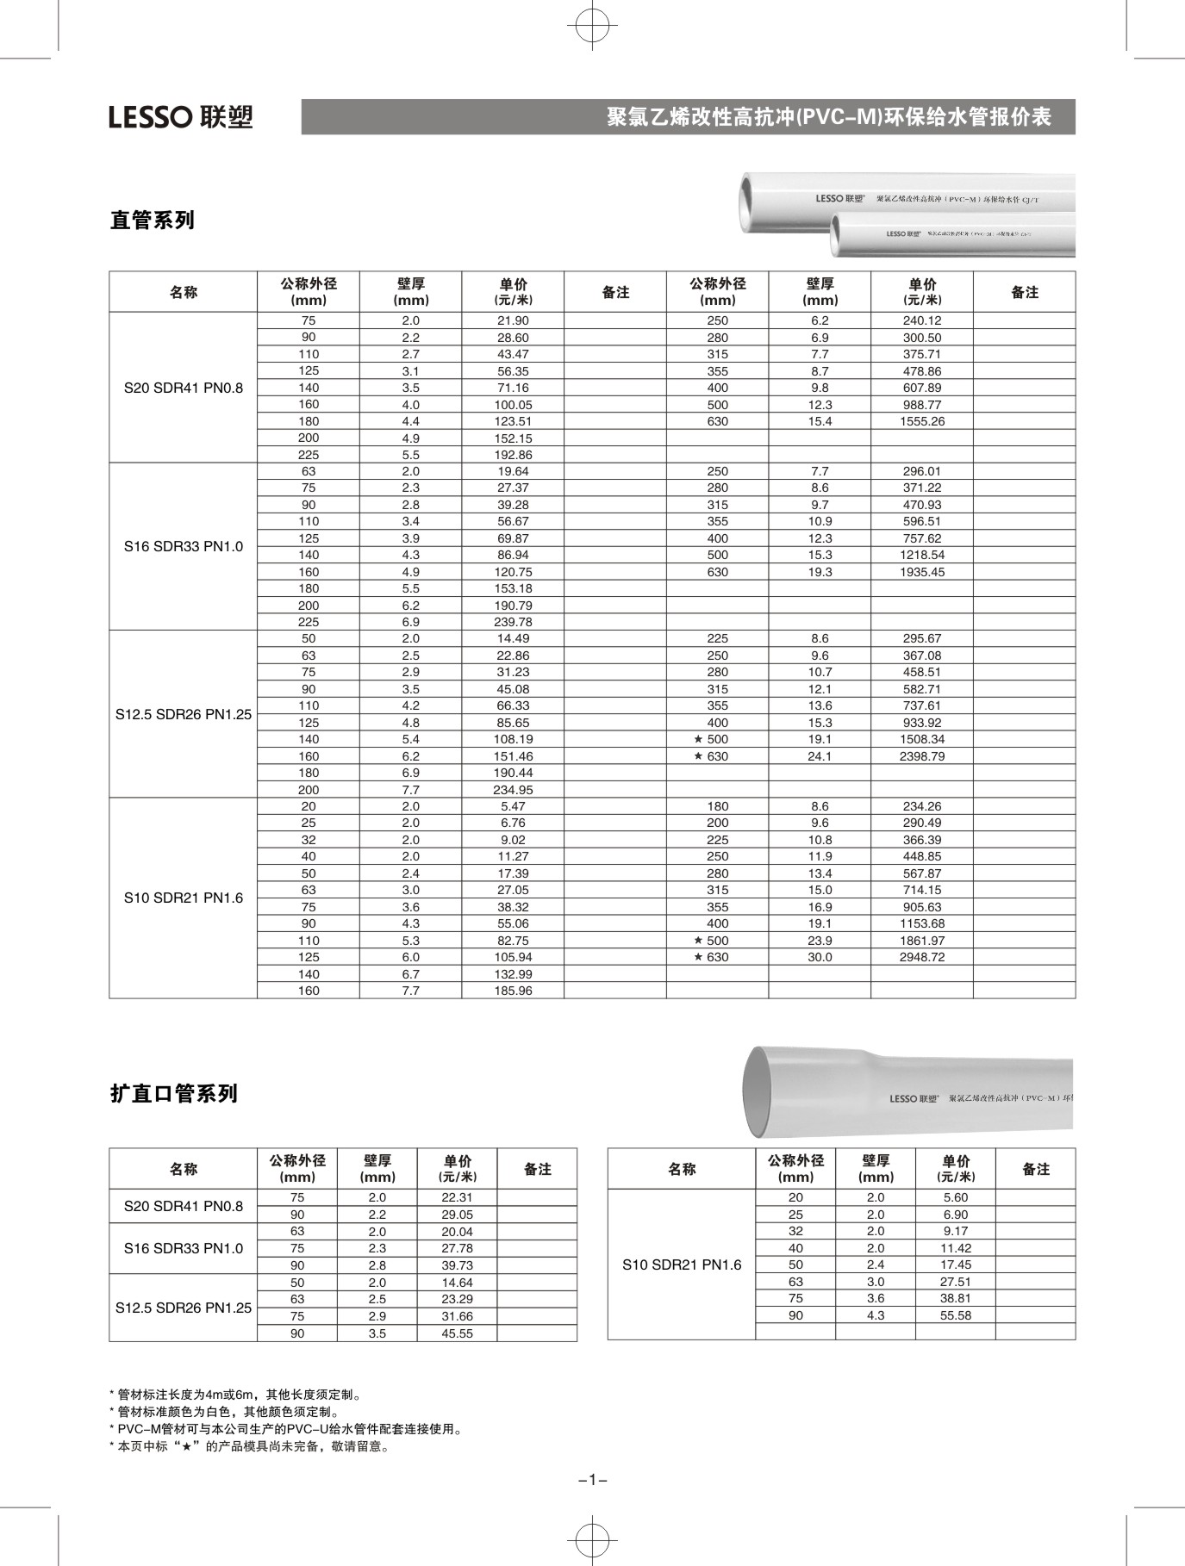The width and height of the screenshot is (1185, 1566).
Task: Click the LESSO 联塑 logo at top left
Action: [181, 117]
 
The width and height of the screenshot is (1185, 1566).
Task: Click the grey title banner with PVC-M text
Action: [688, 117]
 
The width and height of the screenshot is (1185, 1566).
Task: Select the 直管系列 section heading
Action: [153, 221]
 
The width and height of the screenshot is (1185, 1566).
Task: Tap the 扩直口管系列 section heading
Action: [174, 1094]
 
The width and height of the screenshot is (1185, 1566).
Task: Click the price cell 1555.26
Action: [921, 421]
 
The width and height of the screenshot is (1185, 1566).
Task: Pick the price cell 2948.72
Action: [921, 957]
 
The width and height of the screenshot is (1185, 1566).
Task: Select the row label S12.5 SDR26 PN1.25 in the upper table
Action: [184, 714]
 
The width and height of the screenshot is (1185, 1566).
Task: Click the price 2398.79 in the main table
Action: [921, 756]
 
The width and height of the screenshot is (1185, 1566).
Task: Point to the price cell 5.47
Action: [513, 806]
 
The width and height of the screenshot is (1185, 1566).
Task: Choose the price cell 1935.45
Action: [921, 572]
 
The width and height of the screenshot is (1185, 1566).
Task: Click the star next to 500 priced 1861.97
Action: [699, 941]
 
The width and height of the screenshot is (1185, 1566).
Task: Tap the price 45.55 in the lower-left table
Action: [457, 1333]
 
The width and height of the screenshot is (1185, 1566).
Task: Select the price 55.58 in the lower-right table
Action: [955, 1315]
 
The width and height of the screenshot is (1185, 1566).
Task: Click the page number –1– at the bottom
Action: [593, 1480]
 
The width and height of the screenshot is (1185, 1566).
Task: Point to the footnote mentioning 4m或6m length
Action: [237, 1395]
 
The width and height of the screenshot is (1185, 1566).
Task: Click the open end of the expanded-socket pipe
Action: [758, 1093]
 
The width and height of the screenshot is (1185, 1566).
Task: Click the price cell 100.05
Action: [513, 404]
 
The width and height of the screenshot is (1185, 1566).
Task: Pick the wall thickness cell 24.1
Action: [820, 756]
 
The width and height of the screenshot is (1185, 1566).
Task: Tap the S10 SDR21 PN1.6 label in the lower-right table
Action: [682, 1265]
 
